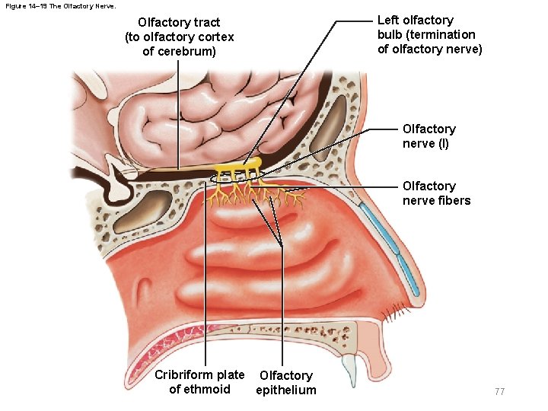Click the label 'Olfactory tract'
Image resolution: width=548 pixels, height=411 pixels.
point(179,23)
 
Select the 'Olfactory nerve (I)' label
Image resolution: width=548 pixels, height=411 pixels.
point(429,136)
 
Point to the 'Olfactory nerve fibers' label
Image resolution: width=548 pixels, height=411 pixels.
point(436,193)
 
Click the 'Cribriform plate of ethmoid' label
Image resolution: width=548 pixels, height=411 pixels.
point(199,382)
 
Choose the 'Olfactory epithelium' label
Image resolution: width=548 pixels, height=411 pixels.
point(285,383)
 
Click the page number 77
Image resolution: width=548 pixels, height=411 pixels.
point(499,391)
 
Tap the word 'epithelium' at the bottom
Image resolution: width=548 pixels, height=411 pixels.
point(286,390)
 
